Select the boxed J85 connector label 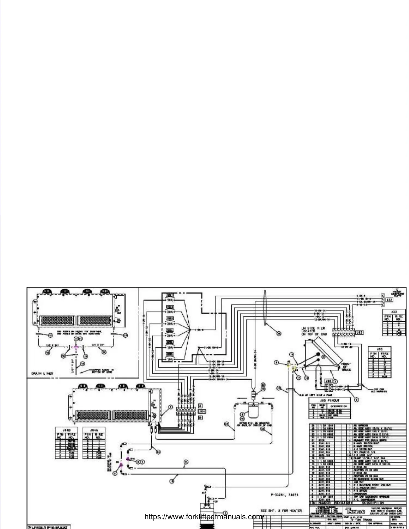[328, 381]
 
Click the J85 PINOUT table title [330, 401]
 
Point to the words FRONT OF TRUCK [346, 367]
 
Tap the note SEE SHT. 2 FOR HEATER [281, 510]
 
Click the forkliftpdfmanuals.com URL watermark [204, 517]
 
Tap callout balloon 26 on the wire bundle [279, 333]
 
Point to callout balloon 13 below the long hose [172, 482]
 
